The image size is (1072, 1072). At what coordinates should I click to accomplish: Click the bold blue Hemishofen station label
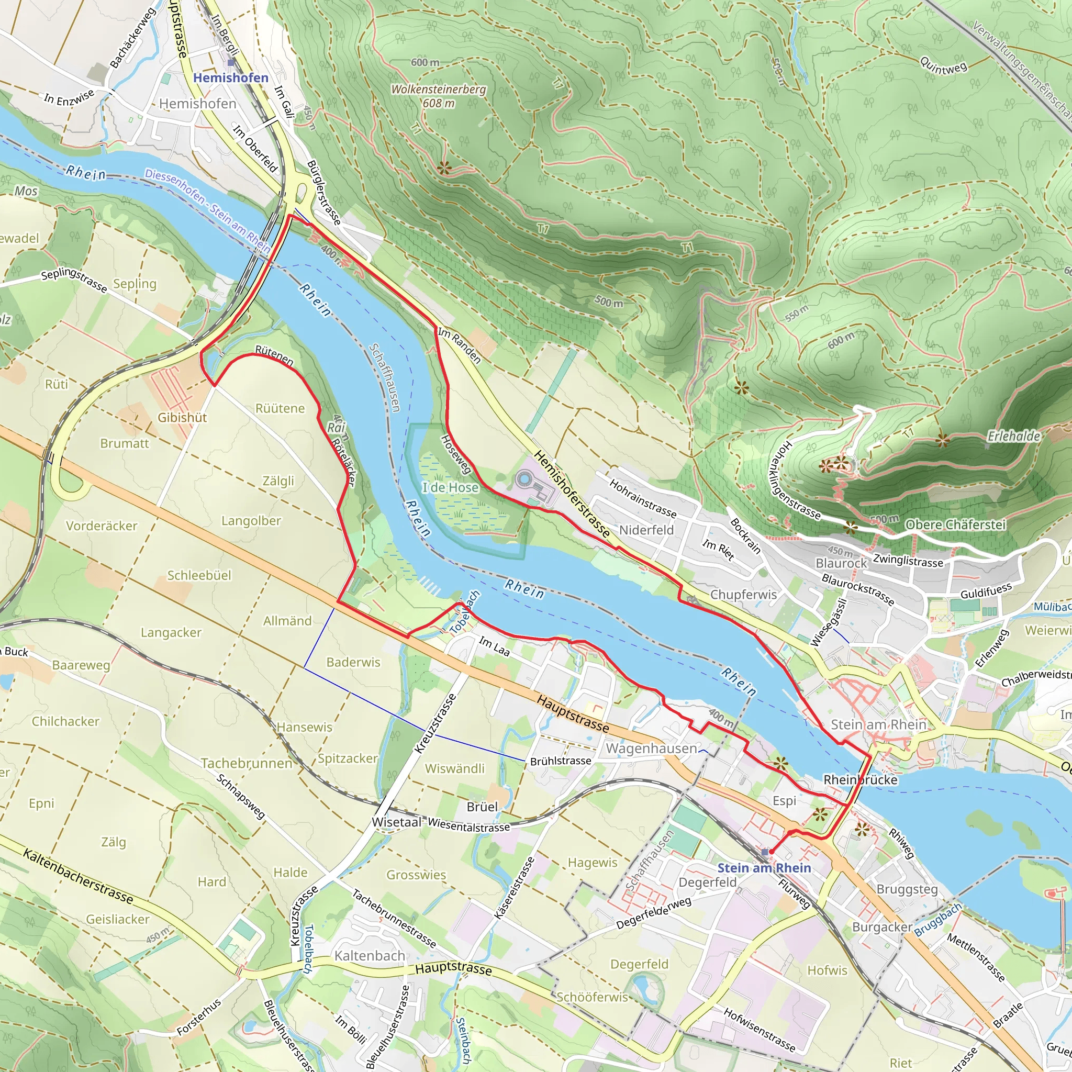(230, 77)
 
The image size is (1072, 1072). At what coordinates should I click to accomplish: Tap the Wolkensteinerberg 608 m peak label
(438, 96)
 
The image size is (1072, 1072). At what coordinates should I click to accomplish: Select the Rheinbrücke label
(860, 779)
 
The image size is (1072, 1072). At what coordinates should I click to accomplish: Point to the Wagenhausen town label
(651, 749)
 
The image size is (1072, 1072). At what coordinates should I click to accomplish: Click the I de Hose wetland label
(450, 488)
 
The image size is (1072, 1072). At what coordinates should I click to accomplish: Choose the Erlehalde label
(1013, 436)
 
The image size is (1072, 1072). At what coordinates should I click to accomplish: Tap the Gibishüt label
(182, 418)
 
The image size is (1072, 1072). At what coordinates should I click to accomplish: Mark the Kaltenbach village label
(370, 955)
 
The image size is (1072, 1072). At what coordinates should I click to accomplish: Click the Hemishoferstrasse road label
(572, 494)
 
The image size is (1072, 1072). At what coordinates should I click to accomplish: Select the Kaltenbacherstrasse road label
(78, 876)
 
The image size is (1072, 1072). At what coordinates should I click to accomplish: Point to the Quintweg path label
(943, 66)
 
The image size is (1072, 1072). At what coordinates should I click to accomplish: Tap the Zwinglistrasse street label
(908, 561)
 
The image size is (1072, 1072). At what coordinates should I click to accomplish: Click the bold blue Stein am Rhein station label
(764, 868)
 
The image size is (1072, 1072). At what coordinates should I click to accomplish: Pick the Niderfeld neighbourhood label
(646, 530)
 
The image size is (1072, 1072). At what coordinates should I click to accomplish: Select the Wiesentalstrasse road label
(469, 825)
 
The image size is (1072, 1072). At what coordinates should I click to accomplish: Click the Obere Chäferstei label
(955, 524)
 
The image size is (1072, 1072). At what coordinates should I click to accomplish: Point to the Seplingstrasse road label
(74, 280)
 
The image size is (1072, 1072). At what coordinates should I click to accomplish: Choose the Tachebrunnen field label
(247, 764)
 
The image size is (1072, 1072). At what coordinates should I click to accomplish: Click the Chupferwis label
(743, 594)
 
